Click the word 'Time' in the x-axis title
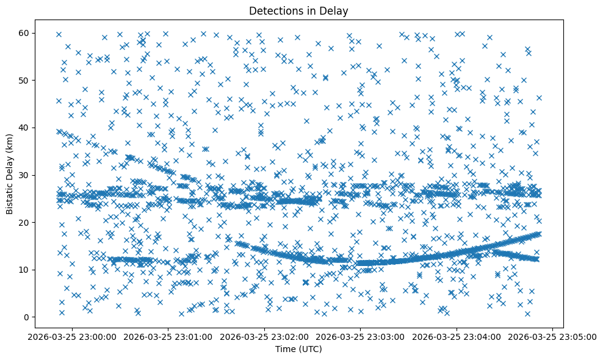pyautogui.click(x=287, y=350)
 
